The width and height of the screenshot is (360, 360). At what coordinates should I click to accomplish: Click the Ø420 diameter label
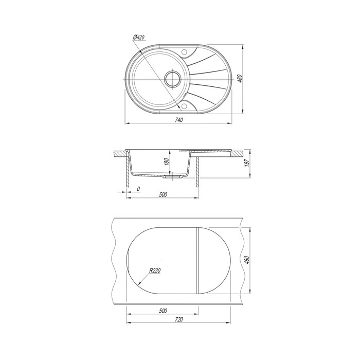pos(139,37)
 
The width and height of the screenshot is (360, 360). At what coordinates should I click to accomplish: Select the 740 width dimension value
pos(179,120)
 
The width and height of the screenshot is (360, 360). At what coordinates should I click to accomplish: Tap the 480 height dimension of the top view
pos(239,79)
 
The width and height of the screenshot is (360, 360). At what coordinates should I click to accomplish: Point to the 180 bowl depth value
pos(167,161)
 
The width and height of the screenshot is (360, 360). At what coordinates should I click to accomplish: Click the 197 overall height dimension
pos(247,163)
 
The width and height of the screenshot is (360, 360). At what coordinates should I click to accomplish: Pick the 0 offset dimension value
pos(138,189)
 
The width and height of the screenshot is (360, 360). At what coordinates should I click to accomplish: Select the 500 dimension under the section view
pos(163,195)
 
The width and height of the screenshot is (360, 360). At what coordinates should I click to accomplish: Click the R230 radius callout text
pos(155,271)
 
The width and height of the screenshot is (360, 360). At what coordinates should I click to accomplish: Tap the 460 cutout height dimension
pos(247,260)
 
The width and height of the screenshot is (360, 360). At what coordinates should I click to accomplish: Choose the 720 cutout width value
pos(179,319)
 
